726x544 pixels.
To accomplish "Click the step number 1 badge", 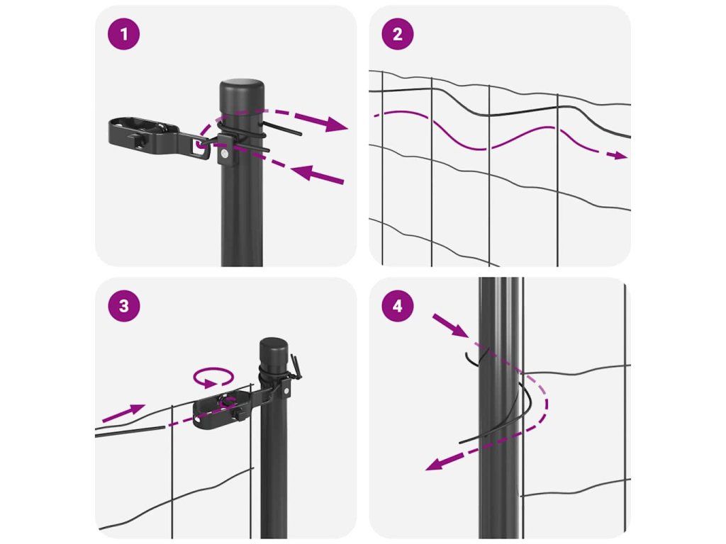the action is [x=123, y=34].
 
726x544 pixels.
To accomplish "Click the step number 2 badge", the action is [x=397, y=34].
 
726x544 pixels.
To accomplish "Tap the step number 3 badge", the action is [x=123, y=306].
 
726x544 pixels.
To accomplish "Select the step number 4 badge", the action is [x=397, y=306].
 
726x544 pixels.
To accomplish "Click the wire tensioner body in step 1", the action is [x=143, y=135].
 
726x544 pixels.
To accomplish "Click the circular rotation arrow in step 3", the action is [x=213, y=378].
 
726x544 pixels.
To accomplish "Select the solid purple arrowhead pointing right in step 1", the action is [x=335, y=123].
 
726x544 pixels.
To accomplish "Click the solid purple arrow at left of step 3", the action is [x=123, y=413].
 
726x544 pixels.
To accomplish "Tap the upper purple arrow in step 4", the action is [x=450, y=326].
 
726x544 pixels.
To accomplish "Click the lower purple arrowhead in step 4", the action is [x=437, y=463].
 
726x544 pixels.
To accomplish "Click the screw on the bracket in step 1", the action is [x=225, y=154].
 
